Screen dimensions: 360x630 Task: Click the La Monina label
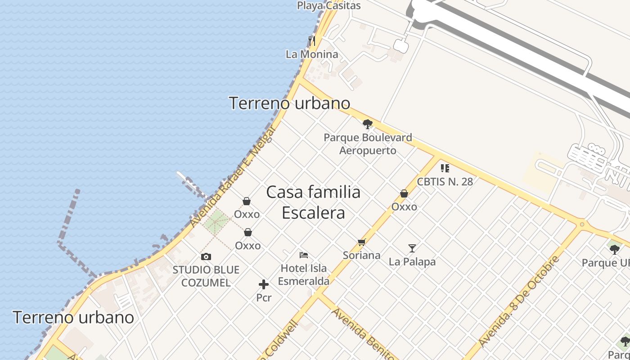tap(312, 54)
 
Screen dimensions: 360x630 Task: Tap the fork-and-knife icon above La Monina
tap(312, 41)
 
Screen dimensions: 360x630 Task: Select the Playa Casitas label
tap(329, 6)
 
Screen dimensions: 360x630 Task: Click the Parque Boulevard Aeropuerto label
tap(368, 144)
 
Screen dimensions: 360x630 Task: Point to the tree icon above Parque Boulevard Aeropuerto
tap(368, 124)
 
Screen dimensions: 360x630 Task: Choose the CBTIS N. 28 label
tap(445, 182)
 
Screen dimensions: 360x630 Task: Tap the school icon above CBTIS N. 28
tap(445, 168)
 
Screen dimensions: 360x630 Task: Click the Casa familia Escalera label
tap(314, 202)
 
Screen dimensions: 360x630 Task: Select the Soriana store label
tap(361, 256)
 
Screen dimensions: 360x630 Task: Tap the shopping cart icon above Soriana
tap(362, 242)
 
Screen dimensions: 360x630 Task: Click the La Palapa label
tap(412, 261)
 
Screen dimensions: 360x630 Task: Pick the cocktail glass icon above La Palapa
tap(412, 248)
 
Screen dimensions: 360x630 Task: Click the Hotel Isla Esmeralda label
tap(304, 274)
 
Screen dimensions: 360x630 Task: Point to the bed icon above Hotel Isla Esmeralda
tap(304, 255)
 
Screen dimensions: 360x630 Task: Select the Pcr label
tap(264, 297)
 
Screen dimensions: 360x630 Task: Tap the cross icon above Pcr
tap(264, 284)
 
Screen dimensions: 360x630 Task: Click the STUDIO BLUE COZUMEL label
tap(206, 276)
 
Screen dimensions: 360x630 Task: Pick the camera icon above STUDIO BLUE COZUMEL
tap(206, 256)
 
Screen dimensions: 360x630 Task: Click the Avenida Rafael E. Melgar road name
tap(233, 176)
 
